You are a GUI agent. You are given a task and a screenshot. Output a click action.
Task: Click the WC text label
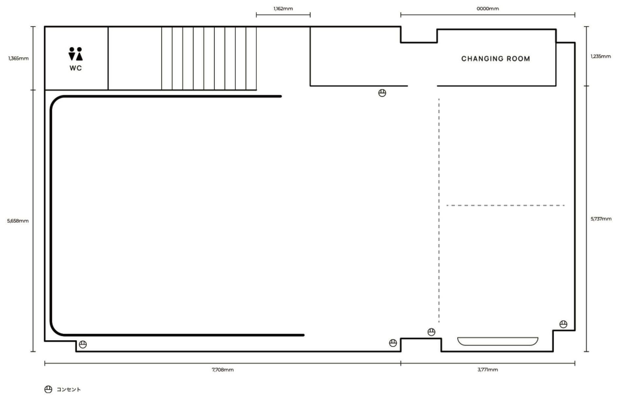tap(75, 68)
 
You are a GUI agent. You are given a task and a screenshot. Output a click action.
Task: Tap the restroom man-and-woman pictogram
tap(75, 54)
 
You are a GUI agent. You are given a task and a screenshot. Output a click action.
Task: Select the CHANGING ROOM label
tap(496, 59)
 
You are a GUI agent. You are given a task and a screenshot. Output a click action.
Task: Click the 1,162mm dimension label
tap(283, 9)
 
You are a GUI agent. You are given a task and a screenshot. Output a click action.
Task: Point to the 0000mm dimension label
tap(488, 9)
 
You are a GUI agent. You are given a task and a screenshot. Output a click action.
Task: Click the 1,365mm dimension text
tap(18, 59)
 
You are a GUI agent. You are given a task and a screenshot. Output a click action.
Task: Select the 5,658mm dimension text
tap(18, 221)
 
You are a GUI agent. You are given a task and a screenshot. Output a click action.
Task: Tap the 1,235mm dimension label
tap(601, 56)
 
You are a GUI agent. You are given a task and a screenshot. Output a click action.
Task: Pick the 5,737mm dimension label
tap(601, 219)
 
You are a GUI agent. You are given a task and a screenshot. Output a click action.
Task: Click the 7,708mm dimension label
tap(223, 370)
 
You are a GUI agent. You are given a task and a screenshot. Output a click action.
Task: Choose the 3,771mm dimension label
tap(488, 370)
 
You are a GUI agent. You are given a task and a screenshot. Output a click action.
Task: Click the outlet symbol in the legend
tap(48, 389)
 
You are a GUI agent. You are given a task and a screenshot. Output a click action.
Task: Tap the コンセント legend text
tap(69, 389)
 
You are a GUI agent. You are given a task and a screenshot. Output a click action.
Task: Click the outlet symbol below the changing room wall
tap(382, 93)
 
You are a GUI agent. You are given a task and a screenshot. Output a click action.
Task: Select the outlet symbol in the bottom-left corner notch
tap(83, 344)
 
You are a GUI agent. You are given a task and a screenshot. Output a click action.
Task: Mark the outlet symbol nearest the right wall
tap(563, 324)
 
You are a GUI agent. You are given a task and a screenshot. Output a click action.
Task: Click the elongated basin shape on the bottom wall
tap(498, 341)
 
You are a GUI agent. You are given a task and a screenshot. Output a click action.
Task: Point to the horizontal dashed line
tap(505, 205)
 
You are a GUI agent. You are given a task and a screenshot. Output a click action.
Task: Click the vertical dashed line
tap(439, 210)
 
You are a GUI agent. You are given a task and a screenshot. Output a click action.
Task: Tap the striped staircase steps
tap(209, 58)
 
